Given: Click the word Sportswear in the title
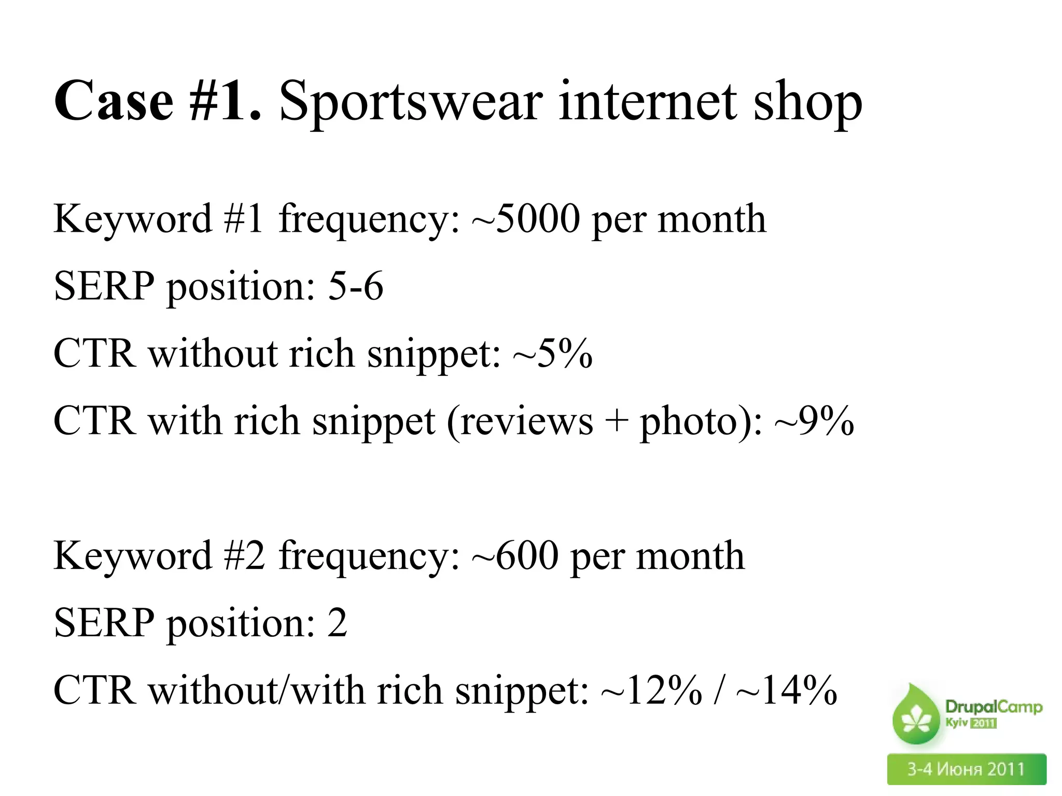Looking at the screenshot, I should pos(411,102).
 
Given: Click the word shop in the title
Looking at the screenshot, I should pos(807,102).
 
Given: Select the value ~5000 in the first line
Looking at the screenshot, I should pos(525,219).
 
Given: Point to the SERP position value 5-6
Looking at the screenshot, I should pos(356,286).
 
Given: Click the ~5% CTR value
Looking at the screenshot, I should pos(552,353).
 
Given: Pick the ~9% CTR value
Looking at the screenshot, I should pos(814,421).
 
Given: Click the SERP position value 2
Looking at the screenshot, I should pos(337,623).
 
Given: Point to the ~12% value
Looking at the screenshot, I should pos(651,690).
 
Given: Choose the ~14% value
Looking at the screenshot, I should pos(786,690).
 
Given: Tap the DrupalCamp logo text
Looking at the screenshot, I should pos(993,707).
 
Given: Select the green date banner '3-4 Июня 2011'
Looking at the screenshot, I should pos(966,769).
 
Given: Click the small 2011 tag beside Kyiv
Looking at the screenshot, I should pos(983,723).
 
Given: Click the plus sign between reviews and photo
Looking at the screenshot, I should pos(616,421).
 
